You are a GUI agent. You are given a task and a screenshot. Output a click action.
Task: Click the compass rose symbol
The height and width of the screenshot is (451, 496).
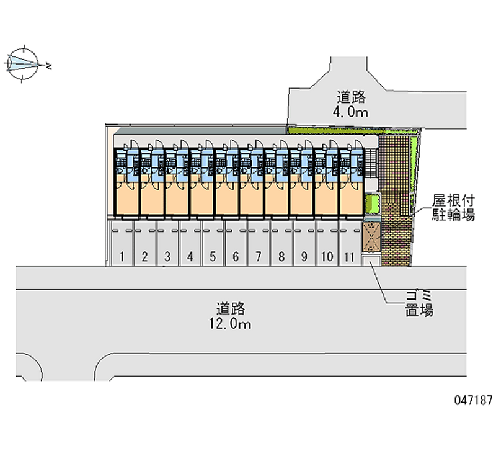[24, 65]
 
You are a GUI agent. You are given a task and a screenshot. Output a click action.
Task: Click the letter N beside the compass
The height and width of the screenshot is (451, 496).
[48, 66]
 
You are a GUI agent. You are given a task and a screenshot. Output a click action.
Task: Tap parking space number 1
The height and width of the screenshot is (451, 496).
[122, 243]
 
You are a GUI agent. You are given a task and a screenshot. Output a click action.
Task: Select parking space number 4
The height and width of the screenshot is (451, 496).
[190, 243]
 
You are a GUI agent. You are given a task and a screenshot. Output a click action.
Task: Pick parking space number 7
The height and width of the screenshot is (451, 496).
[259, 243]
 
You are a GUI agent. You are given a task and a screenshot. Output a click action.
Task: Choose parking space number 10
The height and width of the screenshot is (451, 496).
[327, 243]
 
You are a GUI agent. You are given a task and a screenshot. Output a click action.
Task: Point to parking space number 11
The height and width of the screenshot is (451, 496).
[350, 243]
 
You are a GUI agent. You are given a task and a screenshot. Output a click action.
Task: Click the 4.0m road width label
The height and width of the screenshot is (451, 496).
[350, 112]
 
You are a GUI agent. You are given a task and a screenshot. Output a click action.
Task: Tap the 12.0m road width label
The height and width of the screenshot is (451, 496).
[230, 324]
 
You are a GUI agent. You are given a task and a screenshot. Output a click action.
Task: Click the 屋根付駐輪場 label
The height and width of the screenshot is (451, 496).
[454, 208]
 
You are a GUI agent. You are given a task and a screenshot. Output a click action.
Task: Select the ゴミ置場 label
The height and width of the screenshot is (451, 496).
[419, 303]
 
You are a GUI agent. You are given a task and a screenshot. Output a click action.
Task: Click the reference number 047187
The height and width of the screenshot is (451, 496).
[474, 400]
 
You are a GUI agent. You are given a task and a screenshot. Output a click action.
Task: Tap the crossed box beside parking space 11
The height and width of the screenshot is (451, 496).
[371, 237]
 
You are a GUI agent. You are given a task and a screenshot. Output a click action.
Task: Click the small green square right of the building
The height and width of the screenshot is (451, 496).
[373, 203]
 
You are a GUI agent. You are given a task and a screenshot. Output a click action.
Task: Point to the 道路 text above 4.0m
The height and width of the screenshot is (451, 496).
[351, 97]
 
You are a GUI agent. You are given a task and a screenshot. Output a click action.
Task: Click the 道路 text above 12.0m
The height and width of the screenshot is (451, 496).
[231, 309]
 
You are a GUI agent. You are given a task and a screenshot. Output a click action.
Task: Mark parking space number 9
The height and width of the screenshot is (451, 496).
[304, 243]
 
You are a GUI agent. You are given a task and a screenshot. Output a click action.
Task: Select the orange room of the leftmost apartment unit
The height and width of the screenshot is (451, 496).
[126, 199]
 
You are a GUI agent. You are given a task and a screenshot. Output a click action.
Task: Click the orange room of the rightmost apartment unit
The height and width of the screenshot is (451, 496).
[352, 199]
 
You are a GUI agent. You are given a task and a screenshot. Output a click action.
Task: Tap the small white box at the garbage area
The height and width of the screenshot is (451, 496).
[371, 261]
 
